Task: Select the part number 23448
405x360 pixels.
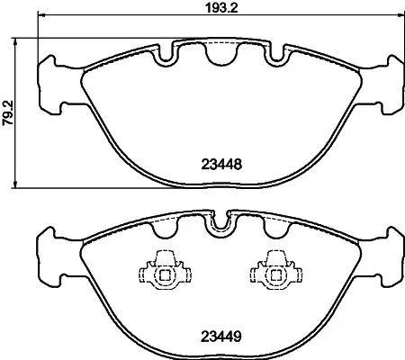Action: click(x=220, y=166)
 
